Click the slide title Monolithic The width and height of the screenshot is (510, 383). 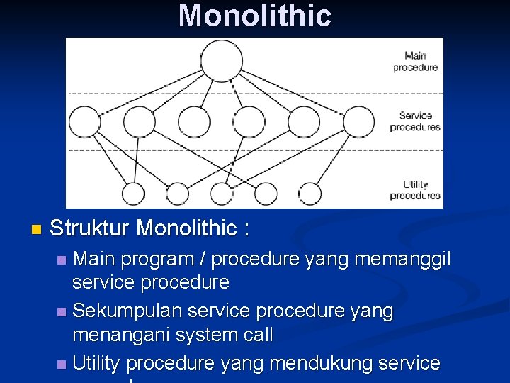click(255, 16)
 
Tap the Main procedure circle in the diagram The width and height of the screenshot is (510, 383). click(221, 60)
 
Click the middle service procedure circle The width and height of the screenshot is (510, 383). click(248, 121)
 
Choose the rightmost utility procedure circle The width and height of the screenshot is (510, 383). click(310, 193)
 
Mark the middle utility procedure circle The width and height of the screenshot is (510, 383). click(221, 193)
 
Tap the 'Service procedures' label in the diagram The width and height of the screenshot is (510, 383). click(415, 121)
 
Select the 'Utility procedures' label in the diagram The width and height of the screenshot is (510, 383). click(415, 189)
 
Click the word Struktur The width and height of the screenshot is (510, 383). click(89, 228)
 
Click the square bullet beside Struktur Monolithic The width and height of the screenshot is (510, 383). click(37, 230)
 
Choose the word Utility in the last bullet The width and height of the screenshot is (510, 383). click(96, 363)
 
